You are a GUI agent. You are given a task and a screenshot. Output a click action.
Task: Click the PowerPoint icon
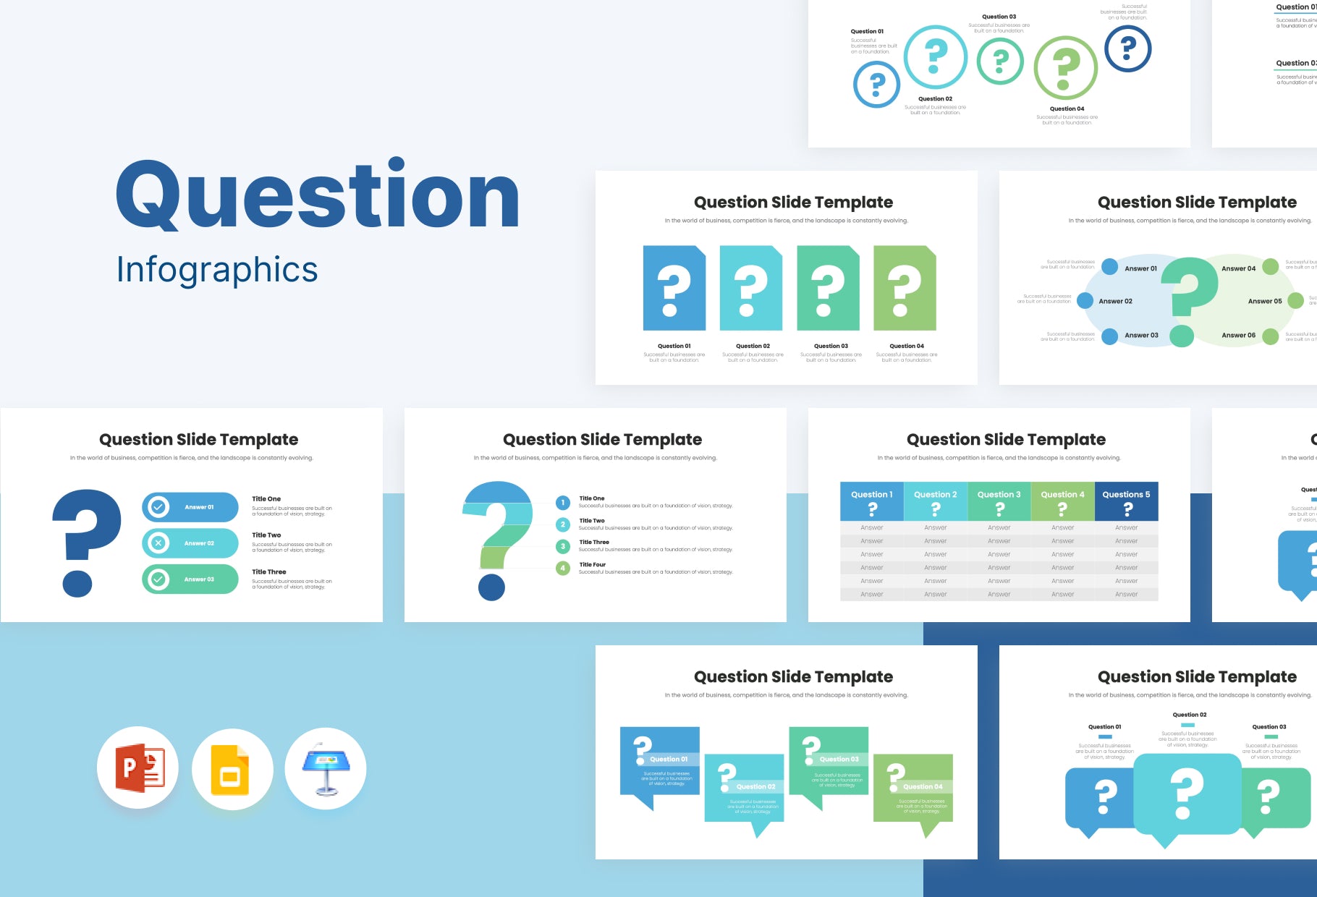138,768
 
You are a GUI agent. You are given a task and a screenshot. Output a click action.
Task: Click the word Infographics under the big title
217,270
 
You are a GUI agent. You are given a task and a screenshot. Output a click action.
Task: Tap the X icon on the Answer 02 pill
158,543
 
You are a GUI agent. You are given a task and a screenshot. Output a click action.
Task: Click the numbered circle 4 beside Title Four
563,569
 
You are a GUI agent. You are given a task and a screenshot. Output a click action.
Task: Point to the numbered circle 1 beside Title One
563,503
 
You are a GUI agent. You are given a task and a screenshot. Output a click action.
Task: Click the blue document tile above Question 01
674,289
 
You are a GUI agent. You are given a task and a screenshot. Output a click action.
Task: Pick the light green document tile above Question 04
905,289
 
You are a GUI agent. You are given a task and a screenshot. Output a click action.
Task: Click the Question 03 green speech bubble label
839,759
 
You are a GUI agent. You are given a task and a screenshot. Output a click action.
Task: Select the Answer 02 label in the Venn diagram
1115,301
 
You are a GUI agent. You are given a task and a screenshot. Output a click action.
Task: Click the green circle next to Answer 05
1295,301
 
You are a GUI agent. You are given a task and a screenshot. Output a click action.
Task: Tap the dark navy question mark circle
1127,48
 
